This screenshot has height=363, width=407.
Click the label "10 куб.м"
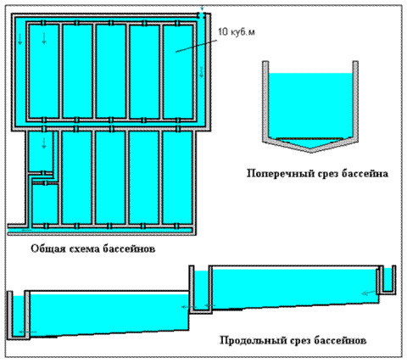tap(237, 32)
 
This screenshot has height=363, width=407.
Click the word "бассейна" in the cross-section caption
tap(365, 173)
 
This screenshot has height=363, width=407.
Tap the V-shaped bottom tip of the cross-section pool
tap(311, 151)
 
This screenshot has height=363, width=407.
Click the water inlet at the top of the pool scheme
tap(201, 14)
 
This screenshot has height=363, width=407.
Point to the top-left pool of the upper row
tap(44, 70)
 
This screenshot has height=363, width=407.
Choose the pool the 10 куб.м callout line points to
tap(178, 70)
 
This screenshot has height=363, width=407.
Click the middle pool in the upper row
tap(111, 70)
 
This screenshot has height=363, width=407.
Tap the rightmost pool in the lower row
tap(177, 177)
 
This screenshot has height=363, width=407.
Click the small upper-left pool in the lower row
tap(41, 151)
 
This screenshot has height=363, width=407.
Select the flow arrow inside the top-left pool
tap(44, 38)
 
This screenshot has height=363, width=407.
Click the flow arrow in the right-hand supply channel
tap(201, 72)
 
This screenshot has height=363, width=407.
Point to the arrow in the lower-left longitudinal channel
tap(28, 332)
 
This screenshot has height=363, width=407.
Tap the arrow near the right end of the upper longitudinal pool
tap(368, 293)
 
